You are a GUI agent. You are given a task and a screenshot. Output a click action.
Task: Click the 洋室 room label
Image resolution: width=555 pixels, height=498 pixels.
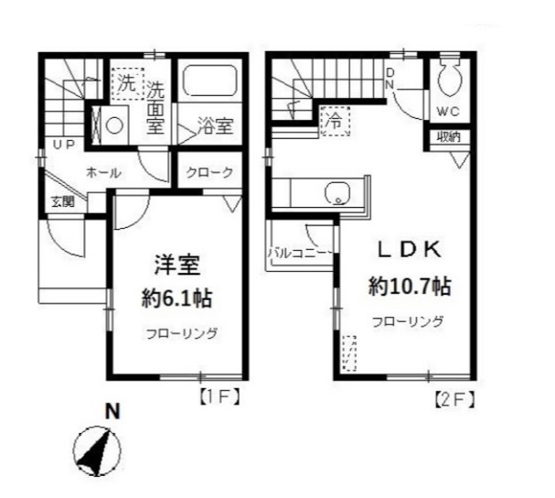[177, 266]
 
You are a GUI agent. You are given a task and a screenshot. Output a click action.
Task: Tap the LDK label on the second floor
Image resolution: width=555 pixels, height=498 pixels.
[411, 249]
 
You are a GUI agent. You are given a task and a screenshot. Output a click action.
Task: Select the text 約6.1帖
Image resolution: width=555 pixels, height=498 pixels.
[178, 298]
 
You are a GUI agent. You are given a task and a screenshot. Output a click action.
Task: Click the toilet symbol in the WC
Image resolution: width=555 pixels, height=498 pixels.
[449, 82]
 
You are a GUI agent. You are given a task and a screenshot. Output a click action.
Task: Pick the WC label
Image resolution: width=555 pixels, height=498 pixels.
[448, 113]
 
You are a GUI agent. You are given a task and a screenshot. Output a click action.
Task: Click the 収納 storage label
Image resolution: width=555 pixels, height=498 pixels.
[448, 137]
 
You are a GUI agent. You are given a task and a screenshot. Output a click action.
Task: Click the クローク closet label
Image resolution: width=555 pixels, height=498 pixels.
[210, 171]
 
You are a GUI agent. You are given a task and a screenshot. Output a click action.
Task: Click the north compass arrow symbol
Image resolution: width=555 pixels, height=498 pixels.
[97, 450]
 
